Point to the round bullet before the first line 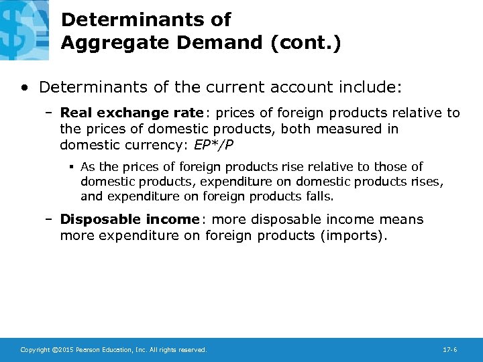pyautogui.click(x=24, y=87)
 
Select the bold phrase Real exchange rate pyautogui.click(x=131, y=113)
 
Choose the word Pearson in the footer pyautogui.click(x=90, y=350)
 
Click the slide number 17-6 pyautogui.click(x=450, y=350)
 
